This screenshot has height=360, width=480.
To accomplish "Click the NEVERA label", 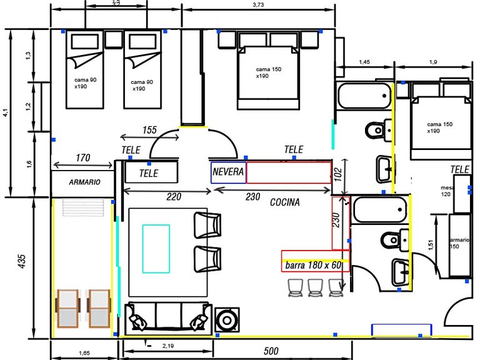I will pos(228,171).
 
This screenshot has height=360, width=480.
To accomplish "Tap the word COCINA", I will pos(284,202).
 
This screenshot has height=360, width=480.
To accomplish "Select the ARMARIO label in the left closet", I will pos(84,182).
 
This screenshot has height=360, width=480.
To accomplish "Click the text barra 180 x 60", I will pos(313,265).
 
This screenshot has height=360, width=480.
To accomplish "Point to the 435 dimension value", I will pos(21,260).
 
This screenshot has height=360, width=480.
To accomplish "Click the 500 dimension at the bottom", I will pos(271,351).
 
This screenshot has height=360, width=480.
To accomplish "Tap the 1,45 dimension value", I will pos(364,62).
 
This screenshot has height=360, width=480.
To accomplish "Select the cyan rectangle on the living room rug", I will pos(156,249).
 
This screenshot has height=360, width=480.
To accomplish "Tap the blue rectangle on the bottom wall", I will pos(401,330).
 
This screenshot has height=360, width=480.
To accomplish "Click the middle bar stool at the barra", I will pos(314,287).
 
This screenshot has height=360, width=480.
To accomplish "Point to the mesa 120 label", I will pos(447,191).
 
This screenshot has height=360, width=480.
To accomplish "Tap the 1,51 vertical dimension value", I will pos(430,245).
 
